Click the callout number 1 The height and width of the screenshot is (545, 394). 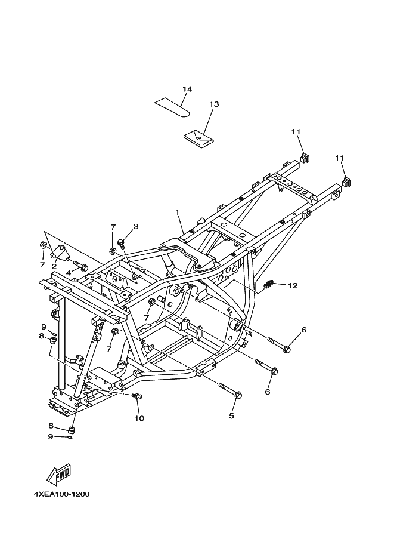[177, 212]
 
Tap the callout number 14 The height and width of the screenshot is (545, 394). [187, 89]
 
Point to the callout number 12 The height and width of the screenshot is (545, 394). [292, 285]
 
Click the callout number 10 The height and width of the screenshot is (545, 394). [139, 418]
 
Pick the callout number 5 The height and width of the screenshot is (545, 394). [232, 415]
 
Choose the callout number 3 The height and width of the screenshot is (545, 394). [136, 226]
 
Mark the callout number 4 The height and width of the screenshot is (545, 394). [69, 272]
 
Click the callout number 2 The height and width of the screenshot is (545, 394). [54, 266]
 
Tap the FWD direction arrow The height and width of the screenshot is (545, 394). [59, 475]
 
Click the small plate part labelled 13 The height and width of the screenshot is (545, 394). [197, 138]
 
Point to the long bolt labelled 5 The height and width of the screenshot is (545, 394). [230, 391]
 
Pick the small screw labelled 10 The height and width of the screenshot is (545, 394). [138, 396]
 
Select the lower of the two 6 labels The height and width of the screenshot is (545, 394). [268, 392]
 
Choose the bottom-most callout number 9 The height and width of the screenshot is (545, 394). [51, 436]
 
